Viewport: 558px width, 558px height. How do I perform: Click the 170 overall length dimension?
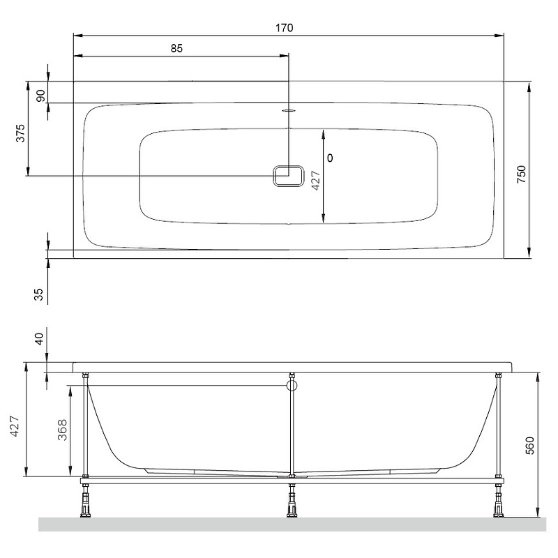[x=285, y=28]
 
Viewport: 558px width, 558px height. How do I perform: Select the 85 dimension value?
[x=176, y=48]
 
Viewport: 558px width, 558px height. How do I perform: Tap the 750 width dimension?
[x=521, y=174]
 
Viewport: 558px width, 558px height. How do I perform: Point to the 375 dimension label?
[x=21, y=133]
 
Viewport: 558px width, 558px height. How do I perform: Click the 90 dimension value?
[x=41, y=96]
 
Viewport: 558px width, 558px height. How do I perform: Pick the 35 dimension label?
[x=38, y=294]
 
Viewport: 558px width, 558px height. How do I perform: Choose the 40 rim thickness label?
[x=39, y=338]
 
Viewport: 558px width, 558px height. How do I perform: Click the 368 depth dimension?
[x=62, y=430]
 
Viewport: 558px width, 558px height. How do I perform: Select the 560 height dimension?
[x=530, y=446]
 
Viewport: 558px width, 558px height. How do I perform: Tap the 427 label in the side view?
[x=15, y=426]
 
